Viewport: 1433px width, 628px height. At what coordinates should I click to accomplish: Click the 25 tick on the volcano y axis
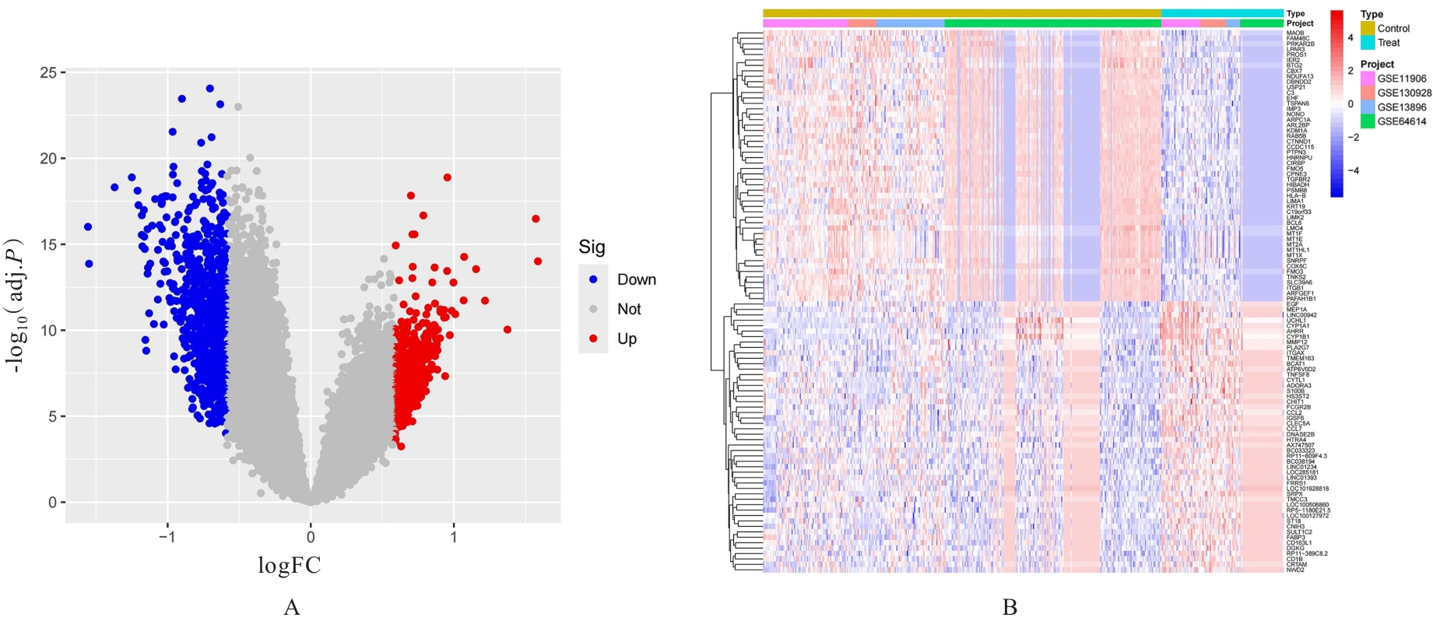point(48,72)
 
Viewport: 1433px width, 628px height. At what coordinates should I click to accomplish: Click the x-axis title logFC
point(290,566)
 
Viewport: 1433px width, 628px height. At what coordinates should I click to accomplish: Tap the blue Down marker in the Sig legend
point(593,279)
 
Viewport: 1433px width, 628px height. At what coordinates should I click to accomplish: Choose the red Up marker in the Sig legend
point(593,339)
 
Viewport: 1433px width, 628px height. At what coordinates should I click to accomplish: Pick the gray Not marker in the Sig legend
point(593,309)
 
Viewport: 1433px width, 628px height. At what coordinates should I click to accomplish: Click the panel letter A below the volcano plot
point(292,608)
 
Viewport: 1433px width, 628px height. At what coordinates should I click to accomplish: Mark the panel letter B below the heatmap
point(1010,608)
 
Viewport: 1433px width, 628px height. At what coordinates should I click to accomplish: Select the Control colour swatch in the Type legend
point(1368,29)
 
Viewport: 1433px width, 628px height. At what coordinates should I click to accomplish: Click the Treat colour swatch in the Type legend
point(1368,43)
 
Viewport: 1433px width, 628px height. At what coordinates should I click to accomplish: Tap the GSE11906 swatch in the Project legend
point(1368,79)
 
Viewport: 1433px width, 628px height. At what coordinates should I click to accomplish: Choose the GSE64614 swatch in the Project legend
point(1368,121)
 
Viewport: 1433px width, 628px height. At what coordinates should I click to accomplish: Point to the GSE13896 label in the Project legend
point(1402,107)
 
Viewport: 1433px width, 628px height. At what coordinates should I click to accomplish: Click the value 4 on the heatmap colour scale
point(1350,37)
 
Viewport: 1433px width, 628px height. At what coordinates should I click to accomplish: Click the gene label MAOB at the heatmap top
point(1295,33)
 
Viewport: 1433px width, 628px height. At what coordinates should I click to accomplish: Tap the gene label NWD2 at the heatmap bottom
point(1295,570)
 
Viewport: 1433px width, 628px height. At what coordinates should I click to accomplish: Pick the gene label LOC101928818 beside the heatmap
point(1308,489)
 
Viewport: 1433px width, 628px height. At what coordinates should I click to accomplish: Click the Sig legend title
point(592,247)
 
